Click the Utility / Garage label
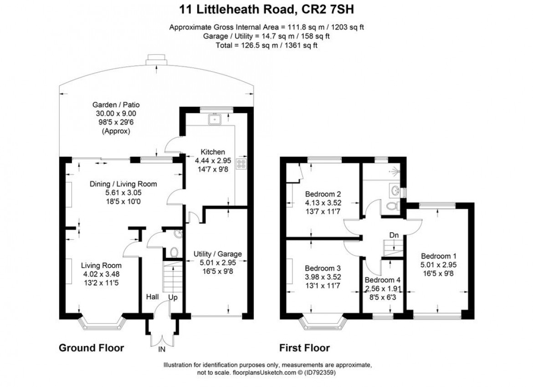(x=217, y=254)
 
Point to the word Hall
(x=152, y=297)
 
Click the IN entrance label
(x=161, y=349)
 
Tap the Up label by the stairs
(x=173, y=297)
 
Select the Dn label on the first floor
(x=395, y=235)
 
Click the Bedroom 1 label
(x=438, y=255)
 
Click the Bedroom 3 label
(x=323, y=268)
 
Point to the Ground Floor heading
(x=91, y=348)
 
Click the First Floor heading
(x=304, y=348)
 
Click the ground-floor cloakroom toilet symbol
(x=174, y=251)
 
